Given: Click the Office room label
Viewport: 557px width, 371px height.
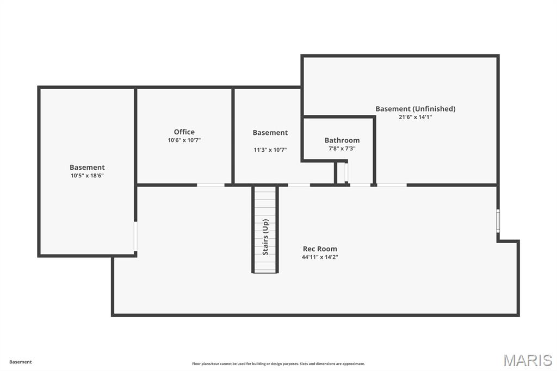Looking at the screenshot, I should pos(184,132).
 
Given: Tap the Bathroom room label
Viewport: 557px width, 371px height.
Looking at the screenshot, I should pos(342,140).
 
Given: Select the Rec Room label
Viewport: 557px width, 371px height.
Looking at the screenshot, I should pos(320,249).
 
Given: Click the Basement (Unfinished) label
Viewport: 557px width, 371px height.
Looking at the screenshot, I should pos(415,109).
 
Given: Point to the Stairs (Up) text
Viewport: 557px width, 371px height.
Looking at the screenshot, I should pos(265,237).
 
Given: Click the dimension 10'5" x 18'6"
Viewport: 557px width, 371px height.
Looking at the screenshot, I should pos(87,176).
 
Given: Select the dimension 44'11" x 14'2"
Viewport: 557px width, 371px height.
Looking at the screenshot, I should pos(320,257).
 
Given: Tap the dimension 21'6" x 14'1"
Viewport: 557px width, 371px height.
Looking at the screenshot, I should pos(415,117).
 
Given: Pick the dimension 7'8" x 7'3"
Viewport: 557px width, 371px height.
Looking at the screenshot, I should pos(342,149).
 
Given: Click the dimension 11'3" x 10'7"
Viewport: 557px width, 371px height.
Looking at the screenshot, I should pos(270,150).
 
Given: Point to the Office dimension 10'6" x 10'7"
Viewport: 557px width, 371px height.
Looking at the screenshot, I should pos(184,140).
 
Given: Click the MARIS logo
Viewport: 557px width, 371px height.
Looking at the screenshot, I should pos(527,360).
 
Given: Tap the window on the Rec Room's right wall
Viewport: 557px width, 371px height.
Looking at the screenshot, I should pos(498,221).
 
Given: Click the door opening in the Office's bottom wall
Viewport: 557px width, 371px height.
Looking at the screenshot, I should pos(211,185).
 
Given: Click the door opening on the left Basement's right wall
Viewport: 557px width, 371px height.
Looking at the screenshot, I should pos(135,236).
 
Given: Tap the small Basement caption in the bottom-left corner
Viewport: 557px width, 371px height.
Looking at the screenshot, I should pos(21,362).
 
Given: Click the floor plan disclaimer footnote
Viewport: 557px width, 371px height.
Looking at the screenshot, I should pos(278,364).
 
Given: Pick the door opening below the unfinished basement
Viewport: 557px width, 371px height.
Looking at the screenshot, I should pos(392,185).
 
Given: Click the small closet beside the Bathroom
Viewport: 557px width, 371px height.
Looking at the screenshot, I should pos(342,173).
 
